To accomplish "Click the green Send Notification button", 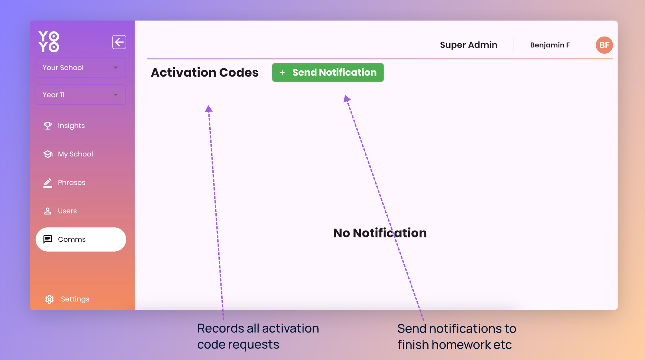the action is [x=328, y=72].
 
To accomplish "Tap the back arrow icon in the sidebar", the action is [x=119, y=42].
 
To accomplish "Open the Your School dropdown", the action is [x=81, y=68].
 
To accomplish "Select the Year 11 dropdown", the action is [x=81, y=95].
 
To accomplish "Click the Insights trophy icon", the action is [x=48, y=125].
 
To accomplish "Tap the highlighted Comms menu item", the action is [x=81, y=239].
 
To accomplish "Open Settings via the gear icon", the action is [x=49, y=299].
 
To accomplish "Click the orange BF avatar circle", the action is [x=604, y=45].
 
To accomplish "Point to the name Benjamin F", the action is [x=550, y=45].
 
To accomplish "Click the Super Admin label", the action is [x=469, y=45].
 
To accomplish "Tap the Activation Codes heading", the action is [x=204, y=73].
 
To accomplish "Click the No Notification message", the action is [x=380, y=233].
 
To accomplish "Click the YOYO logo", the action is [x=49, y=42].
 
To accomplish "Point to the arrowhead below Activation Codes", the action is [x=209, y=109].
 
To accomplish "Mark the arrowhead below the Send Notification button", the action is [x=347, y=98].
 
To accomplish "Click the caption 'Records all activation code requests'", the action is [x=258, y=336].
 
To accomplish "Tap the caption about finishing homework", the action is [x=457, y=336].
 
